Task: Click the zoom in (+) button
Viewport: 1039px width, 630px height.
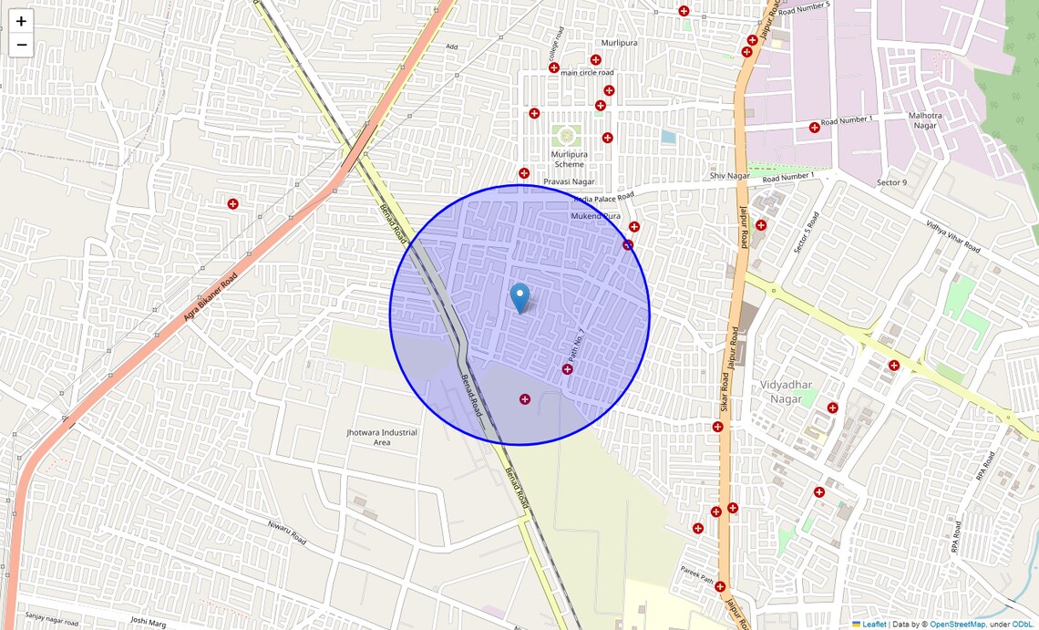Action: (21, 21)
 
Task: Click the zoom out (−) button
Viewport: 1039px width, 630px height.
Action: (21, 45)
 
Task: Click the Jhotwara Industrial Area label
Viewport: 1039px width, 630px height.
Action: (382, 437)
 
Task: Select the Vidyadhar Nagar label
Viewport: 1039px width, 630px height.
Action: (787, 392)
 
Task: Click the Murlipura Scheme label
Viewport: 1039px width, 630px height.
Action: (569, 160)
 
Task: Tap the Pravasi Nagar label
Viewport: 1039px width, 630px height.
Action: (569, 182)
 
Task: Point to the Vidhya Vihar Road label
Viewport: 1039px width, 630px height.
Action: (952, 236)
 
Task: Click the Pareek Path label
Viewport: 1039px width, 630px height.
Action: (697, 574)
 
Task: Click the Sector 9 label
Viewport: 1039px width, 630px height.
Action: (891, 182)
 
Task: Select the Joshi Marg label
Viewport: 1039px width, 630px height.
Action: (149, 621)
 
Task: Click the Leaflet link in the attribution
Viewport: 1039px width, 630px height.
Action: (874, 625)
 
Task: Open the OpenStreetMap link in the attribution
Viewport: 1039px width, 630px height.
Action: (957, 625)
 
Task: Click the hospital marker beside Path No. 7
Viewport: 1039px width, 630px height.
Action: (567, 369)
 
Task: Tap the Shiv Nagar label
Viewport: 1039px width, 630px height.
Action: (729, 175)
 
